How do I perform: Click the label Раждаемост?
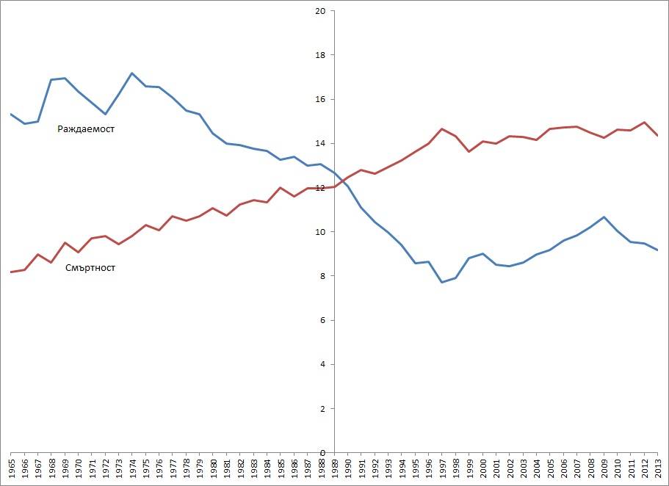86,129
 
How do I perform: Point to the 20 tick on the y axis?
319,11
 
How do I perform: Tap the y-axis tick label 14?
319,144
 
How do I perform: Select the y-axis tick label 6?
322,321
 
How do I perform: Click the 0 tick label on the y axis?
322,453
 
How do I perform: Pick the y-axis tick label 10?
319,232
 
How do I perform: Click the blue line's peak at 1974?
131,73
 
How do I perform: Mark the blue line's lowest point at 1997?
442,282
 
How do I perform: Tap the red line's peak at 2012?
644,122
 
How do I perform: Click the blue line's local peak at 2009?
604,217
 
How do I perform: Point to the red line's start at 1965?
11,272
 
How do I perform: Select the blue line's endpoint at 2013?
657,250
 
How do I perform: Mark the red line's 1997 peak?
442,129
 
